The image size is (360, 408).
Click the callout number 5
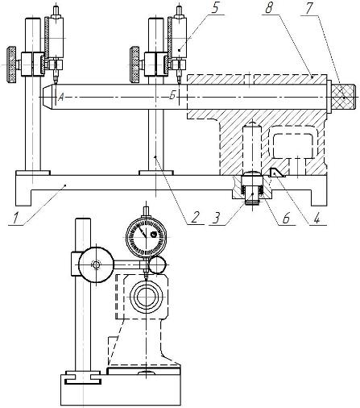[x=214, y=9]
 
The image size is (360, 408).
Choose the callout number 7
[x=309, y=9]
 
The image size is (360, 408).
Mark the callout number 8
[x=268, y=9]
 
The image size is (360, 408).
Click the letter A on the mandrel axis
[x=61, y=98]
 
